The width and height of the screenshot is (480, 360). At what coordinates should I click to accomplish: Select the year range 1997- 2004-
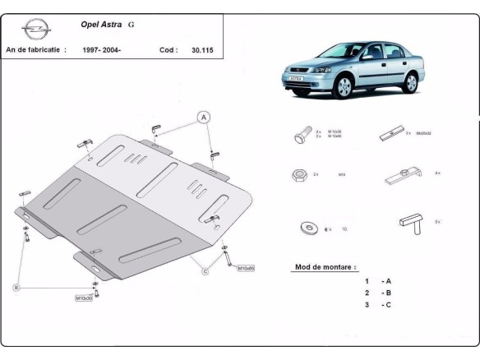(x=100, y=50)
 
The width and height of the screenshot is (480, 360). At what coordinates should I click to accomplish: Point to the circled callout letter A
(x=204, y=117)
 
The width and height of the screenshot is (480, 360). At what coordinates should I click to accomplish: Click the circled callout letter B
(x=16, y=287)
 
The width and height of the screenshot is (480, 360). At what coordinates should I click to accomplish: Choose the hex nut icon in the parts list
(x=301, y=175)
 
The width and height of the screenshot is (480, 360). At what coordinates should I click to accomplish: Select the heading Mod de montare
(x=325, y=267)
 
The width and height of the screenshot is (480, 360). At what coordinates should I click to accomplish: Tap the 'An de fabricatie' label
(x=35, y=50)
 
